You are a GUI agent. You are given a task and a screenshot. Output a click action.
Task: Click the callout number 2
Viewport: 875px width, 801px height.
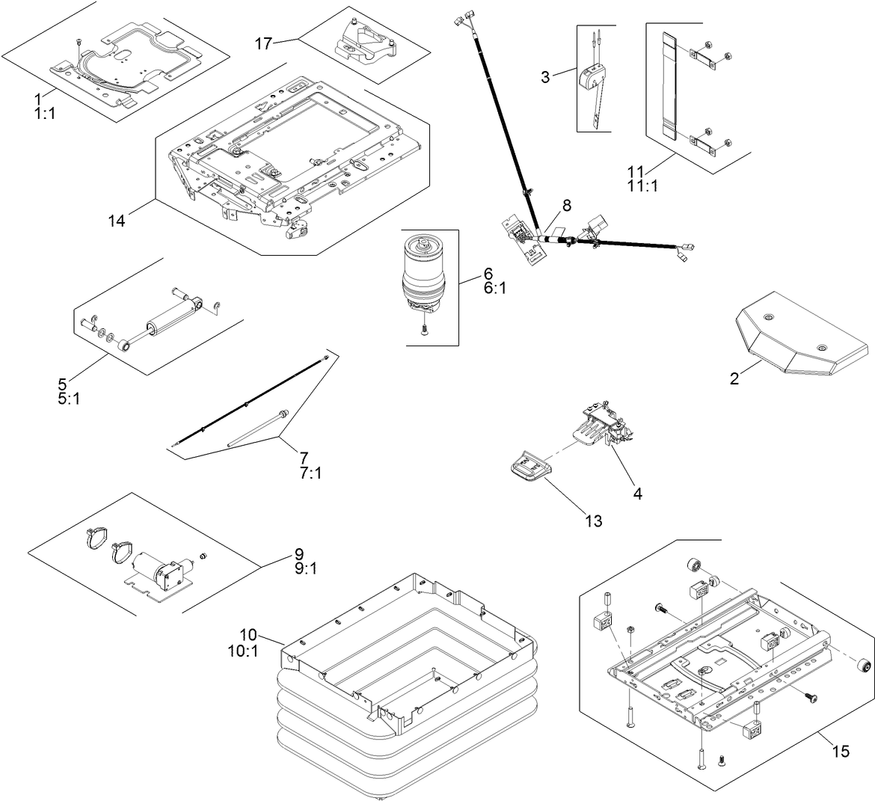(734, 379)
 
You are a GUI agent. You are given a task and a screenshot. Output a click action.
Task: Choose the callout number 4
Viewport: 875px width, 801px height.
(637, 494)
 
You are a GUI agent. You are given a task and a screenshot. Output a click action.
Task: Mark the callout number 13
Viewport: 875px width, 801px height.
(592, 521)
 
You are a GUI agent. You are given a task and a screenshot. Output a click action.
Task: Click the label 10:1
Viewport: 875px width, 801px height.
(242, 651)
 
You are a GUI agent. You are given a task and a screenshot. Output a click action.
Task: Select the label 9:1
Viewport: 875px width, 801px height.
(305, 569)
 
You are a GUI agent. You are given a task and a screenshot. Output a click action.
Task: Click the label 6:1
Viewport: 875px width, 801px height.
(494, 288)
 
